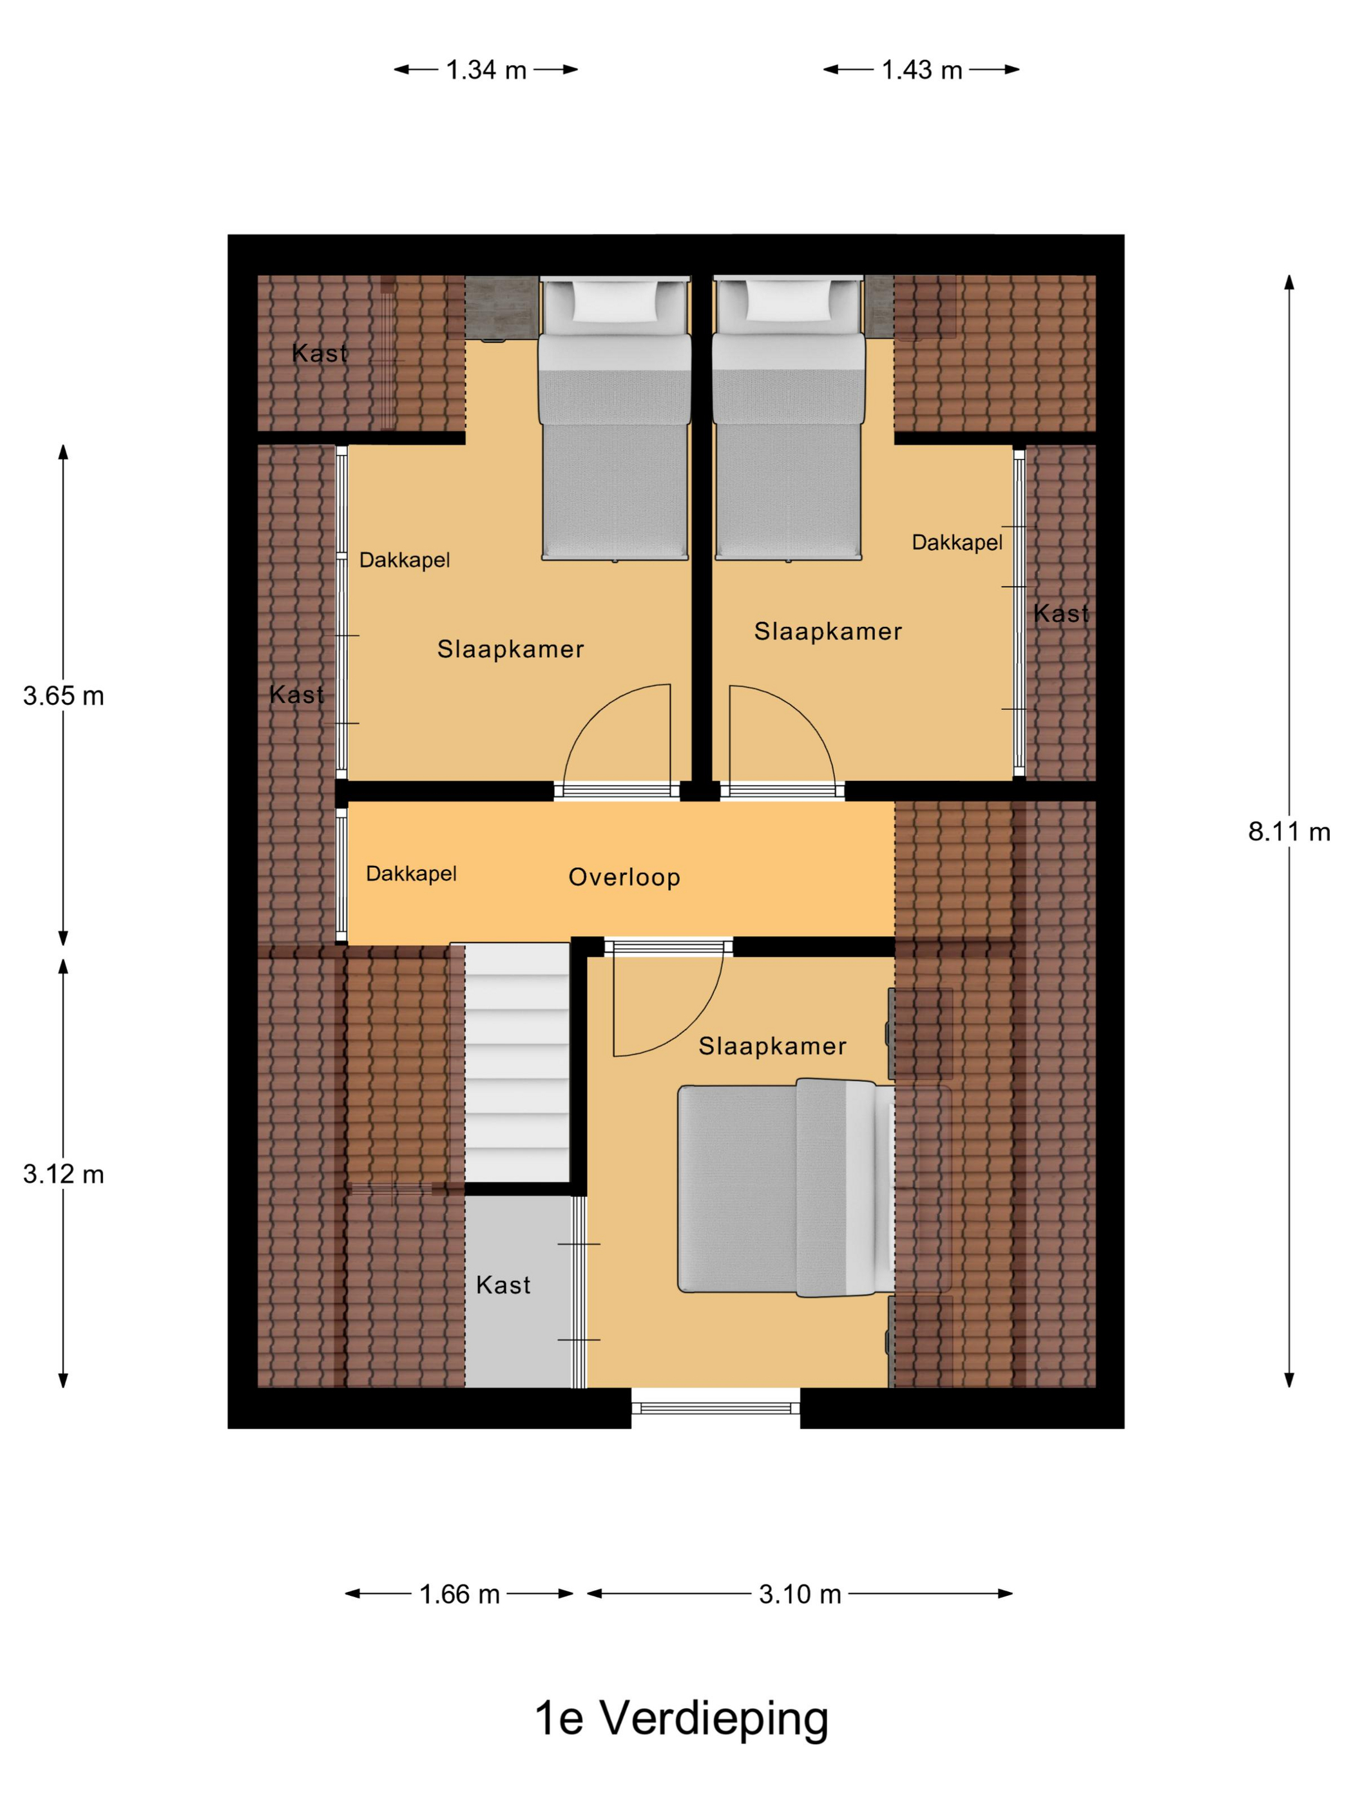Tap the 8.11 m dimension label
tap(1289, 832)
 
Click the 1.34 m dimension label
tap(486, 70)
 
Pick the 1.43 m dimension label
tap(921, 70)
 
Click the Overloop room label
tap(624, 877)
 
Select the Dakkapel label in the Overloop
tap(411, 874)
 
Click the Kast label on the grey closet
tap(503, 1285)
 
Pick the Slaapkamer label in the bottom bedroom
tap(772, 1046)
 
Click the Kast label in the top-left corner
tap(320, 353)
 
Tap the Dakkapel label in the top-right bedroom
tap(957, 542)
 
